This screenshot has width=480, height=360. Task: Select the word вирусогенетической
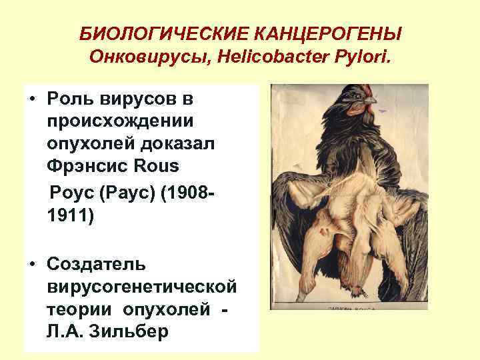coord(142,287)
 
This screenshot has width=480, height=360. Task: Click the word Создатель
coord(94,265)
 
